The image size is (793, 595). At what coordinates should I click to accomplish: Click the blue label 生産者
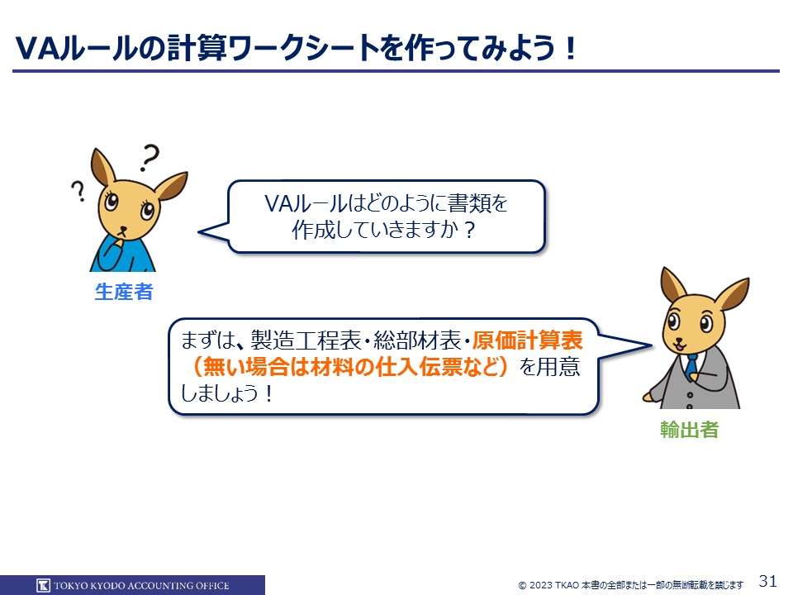(124, 292)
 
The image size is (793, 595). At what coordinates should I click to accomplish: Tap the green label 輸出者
(689, 430)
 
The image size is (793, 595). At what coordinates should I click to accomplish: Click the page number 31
(767, 580)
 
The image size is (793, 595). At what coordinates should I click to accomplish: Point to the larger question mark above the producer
(150, 157)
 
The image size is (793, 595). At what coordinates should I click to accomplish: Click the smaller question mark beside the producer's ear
(78, 191)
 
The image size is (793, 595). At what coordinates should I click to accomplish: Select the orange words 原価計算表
(528, 340)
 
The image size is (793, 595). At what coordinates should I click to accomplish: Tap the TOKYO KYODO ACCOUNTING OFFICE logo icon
(44, 585)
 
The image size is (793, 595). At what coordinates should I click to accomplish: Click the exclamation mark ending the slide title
(571, 49)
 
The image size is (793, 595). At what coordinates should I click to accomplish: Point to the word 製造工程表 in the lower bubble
(306, 340)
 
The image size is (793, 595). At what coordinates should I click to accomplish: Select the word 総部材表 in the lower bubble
(417, 340)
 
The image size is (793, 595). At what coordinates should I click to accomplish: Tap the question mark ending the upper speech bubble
(469, 231)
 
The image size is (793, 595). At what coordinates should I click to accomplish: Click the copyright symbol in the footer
(522, 585)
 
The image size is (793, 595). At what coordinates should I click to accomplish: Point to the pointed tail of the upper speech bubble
(199, 232)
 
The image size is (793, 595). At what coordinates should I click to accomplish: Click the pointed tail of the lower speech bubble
(652, 346)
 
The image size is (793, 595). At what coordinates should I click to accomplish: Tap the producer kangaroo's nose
(122, 229)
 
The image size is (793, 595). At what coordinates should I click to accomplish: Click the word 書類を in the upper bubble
(477, 203)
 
